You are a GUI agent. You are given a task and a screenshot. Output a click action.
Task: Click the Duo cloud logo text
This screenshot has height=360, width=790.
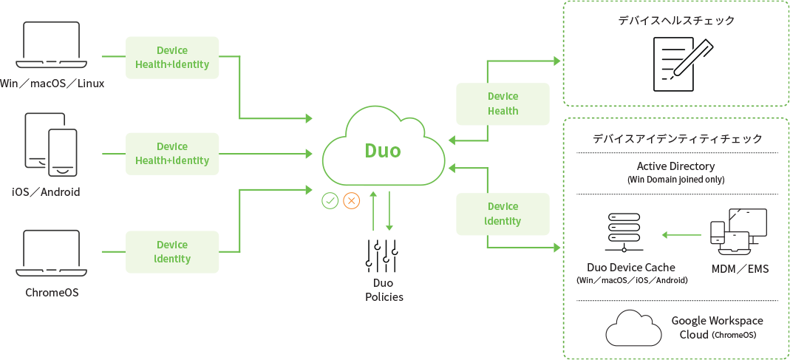coord(382,150)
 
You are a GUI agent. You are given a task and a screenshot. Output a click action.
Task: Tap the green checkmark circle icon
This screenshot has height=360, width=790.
coord(330,200)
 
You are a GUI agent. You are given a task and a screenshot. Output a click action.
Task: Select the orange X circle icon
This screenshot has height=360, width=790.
coord(351,200)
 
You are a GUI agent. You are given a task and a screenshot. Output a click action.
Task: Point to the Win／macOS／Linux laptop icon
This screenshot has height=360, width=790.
coord(52,45)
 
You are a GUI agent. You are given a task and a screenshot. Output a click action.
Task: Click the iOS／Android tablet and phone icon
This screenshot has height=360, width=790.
coord(52,146)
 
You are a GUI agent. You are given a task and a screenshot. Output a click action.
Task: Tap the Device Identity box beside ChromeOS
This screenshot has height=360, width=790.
coord(172,251)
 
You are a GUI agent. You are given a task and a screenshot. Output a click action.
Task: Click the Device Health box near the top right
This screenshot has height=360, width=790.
coord(503,104)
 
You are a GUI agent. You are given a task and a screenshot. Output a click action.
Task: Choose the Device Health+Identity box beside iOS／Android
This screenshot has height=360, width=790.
coord(172,154)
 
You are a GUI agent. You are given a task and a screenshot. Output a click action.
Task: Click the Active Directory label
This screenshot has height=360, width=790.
coord(675,166)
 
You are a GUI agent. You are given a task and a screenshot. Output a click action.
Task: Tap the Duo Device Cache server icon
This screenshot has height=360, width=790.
coord(624,233)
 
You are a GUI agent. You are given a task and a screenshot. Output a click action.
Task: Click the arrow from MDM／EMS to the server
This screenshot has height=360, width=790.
coord(681,235)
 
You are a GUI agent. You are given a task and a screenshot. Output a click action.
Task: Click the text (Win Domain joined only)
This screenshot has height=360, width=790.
coord(675,180)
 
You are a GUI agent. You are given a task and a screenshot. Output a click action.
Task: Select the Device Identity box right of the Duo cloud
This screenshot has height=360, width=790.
coord(503,214)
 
